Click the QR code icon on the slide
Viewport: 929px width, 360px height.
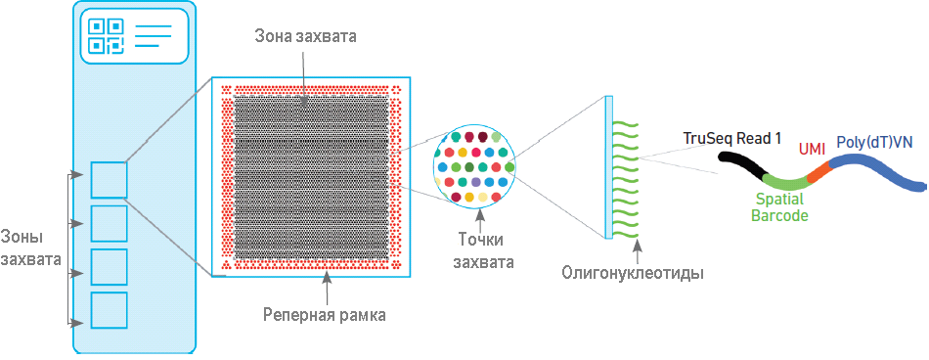point(106,35)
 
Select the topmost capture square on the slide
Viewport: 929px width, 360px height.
point(109,180)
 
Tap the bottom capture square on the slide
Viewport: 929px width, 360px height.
point(109,310)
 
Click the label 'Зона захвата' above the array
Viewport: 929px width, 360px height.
point(305,37)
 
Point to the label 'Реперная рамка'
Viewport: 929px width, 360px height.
point(324,315)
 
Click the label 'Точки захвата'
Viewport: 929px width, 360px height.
point(484,249)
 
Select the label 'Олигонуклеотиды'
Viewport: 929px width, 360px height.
point(633,273)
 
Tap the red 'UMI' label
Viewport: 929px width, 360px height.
point(812,149)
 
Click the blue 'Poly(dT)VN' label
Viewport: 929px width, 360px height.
point(875,143)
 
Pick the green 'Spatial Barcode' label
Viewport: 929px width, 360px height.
point(779,206)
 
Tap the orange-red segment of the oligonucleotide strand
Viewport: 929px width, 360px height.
point(818,171)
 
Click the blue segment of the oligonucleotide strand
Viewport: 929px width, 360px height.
point(875,172)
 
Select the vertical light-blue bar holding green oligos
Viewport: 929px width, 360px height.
point(609,166)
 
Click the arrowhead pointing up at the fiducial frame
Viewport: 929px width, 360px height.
point(326,281)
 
